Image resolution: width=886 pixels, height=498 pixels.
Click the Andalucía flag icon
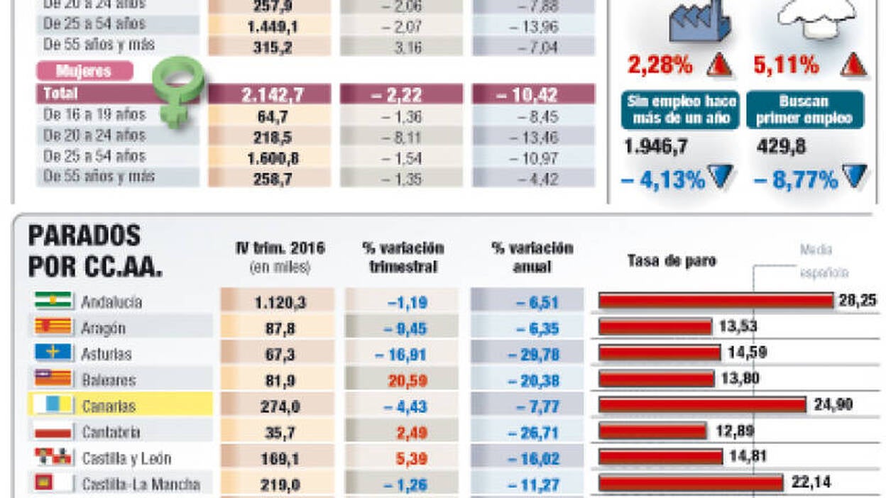point(53,301)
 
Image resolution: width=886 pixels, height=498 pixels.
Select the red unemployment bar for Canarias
point(702,405)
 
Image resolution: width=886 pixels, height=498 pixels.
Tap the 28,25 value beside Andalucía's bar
point(857,301)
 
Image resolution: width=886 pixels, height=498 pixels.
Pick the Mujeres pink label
point(84,71)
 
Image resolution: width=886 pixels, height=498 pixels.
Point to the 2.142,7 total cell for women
point(270,94)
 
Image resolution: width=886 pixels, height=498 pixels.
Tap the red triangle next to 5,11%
point(853,66)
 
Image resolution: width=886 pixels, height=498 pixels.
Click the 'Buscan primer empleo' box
point(804,110)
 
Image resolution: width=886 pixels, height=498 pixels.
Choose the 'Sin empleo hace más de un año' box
point(681,110)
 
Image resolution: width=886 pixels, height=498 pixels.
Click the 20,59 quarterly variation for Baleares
point(407,380)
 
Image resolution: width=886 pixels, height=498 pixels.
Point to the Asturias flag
point(53,353)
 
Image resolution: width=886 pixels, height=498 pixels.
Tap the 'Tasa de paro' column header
point(672,260)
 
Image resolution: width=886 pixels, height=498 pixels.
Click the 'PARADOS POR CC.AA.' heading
point(94,250)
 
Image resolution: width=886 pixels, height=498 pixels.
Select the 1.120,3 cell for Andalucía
point(279,302)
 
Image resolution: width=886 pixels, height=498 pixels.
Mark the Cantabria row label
point(111,432)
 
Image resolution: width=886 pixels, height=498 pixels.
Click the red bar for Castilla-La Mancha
point(691,484)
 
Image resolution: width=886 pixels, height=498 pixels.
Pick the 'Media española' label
point(824,261)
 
